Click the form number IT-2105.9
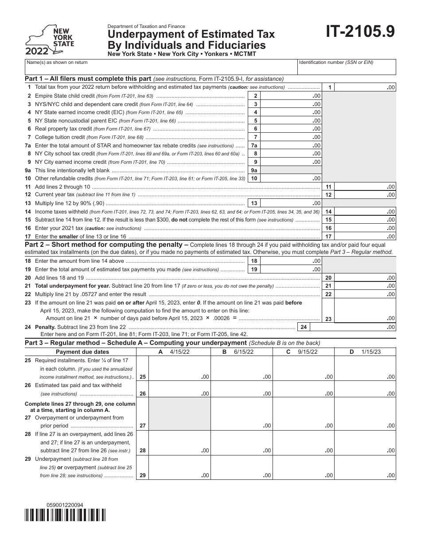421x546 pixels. pos(361,32)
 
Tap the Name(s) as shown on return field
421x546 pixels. pos(160,67)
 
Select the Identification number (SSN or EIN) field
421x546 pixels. pos(347,67)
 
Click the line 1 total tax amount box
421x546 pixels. pos(365,87)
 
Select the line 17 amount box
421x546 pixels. pos(365,237)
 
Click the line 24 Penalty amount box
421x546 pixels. pos(353,327)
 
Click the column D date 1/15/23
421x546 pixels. pos(371,352)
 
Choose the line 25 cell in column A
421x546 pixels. pos(179,368)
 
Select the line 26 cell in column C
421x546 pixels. pos(303,389)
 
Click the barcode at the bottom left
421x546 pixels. pos(65,515)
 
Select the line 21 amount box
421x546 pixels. pos(365,286)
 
